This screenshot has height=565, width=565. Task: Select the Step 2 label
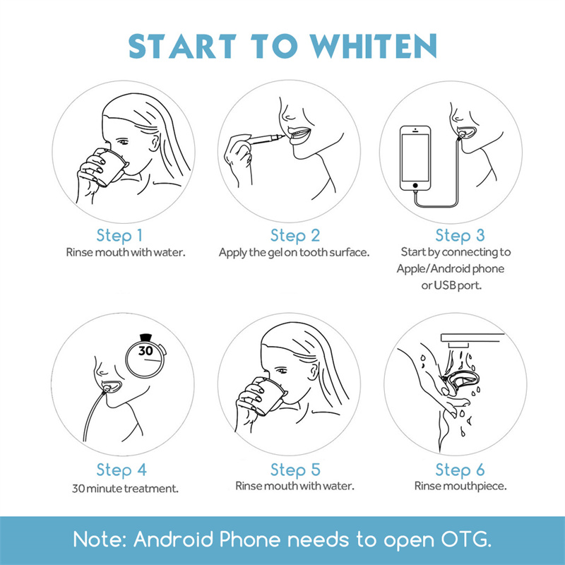295,235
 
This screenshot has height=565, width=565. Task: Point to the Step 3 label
459,235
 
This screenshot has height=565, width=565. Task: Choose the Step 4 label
121,470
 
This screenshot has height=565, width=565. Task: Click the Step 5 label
295,470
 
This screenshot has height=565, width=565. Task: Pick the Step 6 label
459,470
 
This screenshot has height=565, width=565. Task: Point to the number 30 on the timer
145,351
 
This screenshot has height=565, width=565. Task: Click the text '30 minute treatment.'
125,488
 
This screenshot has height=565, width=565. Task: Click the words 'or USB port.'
456,286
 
